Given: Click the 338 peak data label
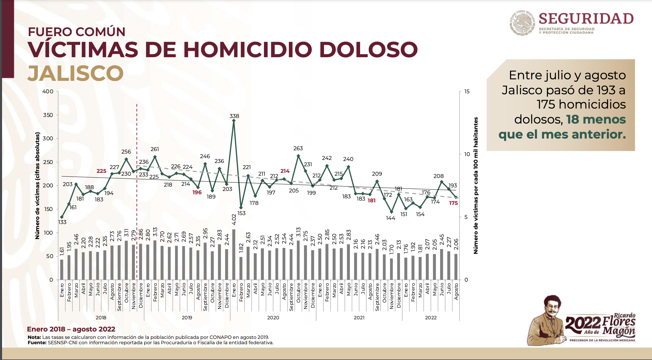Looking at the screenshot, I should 234,116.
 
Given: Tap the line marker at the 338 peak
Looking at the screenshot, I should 234,121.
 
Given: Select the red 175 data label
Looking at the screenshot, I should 453,203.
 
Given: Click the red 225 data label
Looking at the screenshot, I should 101,171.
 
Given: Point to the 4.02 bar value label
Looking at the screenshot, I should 234,219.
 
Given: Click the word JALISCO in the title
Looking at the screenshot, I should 75,73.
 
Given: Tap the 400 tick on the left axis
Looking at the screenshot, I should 48,92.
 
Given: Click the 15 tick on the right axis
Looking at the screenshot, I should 467,92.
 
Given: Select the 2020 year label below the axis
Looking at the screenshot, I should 273,318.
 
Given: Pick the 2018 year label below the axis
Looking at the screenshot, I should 101,318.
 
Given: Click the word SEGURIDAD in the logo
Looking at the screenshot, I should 586,19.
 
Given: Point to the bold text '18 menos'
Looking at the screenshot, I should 596,119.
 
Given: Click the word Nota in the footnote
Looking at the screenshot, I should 34,337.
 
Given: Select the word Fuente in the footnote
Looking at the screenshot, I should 37,343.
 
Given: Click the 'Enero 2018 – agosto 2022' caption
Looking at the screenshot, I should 71,329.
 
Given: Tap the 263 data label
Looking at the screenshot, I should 298,148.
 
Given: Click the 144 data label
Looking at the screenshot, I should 391,218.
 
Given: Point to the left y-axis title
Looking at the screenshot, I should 37,186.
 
